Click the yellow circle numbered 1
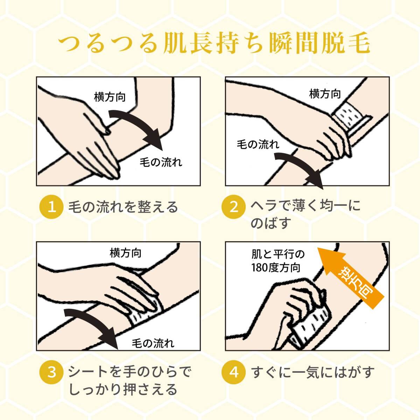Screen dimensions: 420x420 pos(51,206)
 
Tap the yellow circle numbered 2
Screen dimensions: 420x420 pos(233,206)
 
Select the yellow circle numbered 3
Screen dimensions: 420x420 pos(51,372)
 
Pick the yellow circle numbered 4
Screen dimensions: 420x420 pos(233,372)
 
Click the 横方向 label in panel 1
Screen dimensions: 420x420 pos(110,97)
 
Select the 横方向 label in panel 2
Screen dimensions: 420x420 pos(325,94)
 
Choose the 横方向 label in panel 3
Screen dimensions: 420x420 pos(125,253)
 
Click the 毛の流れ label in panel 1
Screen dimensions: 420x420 pos(161,162)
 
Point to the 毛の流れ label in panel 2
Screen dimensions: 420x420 pos(258,144)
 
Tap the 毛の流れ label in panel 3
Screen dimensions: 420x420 pos(153,343)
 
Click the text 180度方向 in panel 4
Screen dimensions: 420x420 pos(276,268)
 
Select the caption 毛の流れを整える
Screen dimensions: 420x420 pos(123,206)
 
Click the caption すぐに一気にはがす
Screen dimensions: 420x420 pos(313,372)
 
